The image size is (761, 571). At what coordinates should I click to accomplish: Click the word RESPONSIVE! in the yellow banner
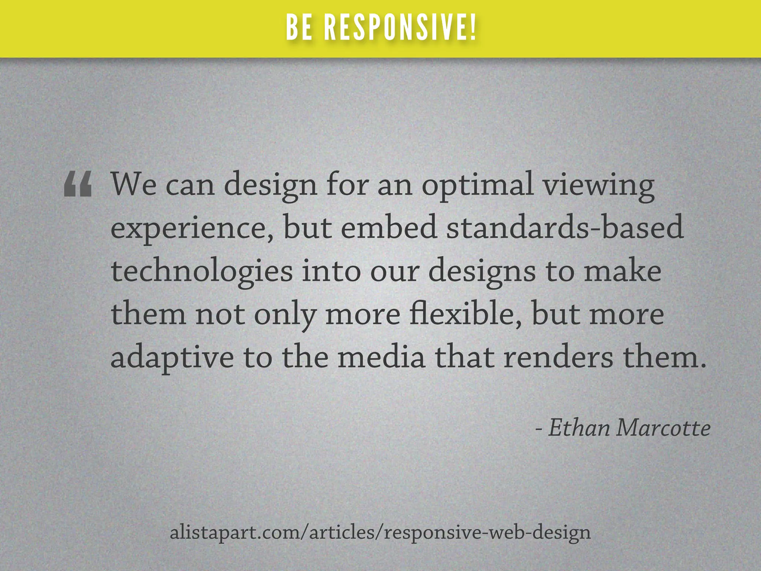(400, 28)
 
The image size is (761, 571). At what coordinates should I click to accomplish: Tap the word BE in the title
(299, 28)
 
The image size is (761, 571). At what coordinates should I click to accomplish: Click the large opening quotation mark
(78, 184)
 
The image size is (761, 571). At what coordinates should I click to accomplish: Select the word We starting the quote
(134, 184)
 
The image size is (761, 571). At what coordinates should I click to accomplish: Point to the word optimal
(477, 186)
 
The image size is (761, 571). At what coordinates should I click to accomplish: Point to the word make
(623, 271)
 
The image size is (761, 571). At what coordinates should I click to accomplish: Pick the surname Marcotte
(663, 428)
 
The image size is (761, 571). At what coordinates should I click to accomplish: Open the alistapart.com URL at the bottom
(380, 532)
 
